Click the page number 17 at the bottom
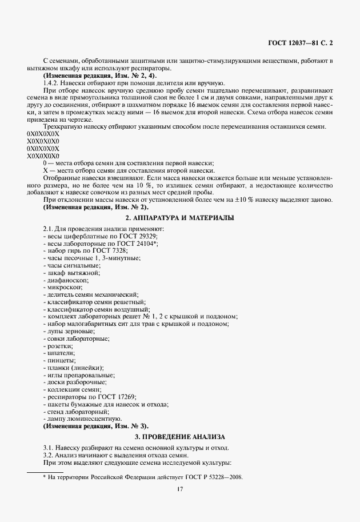pos(180,489)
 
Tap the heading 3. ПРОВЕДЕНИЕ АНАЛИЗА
pos(180,436)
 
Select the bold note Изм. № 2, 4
pos(98,76)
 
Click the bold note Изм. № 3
pos(95,426)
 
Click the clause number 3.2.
pos(49,455)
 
